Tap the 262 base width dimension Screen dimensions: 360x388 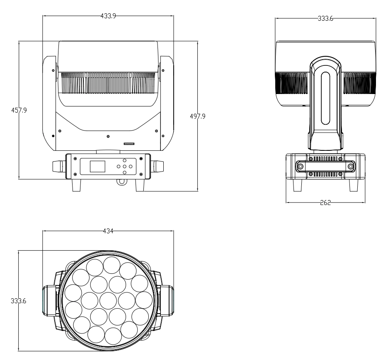point(325,203)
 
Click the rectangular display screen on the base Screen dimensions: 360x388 point(98,166)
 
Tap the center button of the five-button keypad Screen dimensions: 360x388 point(124,166)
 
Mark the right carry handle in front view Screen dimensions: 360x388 point(158,166)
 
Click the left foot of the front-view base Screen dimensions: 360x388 point(77,185)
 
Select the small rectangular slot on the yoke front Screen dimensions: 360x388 point(129,144)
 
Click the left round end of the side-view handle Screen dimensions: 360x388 point(299,167)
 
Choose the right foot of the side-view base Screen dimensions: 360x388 point(353,185)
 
